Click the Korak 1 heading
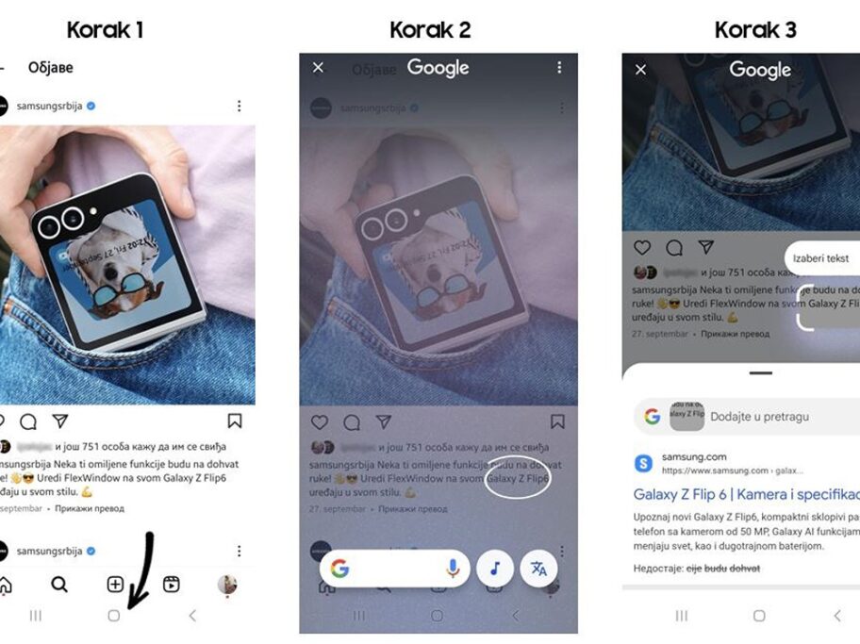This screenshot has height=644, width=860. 105,29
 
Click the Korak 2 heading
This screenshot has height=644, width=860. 430,29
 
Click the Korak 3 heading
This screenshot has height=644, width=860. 755,29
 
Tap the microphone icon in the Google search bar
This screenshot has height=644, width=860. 454,568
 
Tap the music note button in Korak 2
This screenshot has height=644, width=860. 495,568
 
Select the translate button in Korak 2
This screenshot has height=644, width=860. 538,568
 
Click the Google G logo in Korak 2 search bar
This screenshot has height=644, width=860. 339,568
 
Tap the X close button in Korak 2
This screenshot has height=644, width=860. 318,67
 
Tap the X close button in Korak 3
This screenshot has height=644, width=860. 641,69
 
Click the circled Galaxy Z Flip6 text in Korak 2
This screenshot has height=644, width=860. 518,479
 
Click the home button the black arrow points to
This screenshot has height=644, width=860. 114,616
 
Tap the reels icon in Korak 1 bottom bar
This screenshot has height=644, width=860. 172,585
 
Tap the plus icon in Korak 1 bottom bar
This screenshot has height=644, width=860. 115,585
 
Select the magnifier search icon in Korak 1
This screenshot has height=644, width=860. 59,585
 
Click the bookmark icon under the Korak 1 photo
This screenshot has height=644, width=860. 235,421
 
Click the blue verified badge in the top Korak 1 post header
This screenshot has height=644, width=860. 91,107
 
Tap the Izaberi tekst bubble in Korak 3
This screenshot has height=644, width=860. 820,257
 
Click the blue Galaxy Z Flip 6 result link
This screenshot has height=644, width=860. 746,494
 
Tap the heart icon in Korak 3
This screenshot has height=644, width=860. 642,247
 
